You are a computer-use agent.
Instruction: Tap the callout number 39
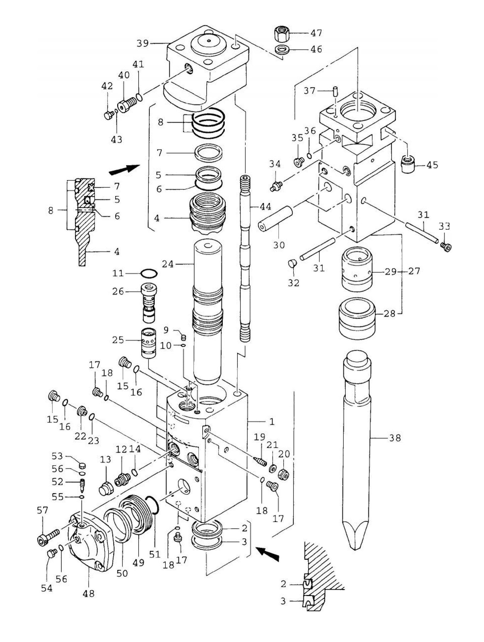pos(142,43)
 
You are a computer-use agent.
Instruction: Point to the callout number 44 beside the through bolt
pos(266,207)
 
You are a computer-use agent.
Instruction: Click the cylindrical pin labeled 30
pos(275,219)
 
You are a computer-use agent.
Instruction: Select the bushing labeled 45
pos(408,164)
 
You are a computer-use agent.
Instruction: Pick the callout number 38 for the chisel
pos(395,438)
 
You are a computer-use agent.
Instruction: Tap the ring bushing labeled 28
pos(357,317)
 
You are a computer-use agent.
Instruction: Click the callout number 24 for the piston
pos(168,265)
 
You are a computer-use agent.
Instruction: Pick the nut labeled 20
pos(283,474)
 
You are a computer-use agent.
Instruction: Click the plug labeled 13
pos(106,489)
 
